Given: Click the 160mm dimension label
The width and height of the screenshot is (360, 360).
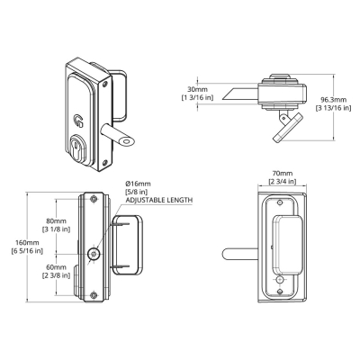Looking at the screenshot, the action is (29, 242).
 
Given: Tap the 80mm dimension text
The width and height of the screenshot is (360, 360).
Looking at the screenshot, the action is (56, 221).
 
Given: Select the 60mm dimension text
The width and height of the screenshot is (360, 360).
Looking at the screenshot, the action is (56, 266).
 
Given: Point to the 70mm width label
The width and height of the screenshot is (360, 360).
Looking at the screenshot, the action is (282, 174).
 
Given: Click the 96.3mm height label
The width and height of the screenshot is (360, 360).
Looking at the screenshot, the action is (334, 100).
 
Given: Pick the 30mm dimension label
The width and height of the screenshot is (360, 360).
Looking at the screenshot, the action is (197, 89).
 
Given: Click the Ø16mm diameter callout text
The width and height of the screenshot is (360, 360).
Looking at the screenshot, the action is (138, 184).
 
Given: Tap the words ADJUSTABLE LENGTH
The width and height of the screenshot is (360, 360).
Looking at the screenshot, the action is (159, 200).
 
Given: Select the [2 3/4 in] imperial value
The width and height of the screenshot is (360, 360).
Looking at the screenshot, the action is (282, 182).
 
